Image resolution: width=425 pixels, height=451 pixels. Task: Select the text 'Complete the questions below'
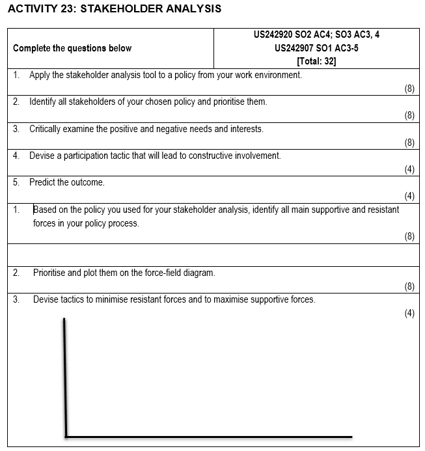point(72,48)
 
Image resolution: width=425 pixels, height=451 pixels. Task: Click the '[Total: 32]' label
point(316,62)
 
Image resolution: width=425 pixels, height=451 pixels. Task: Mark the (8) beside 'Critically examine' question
point(409,143)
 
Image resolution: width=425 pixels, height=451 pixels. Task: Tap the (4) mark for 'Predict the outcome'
point(409,196)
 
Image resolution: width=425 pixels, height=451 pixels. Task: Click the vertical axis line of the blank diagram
point(65,377)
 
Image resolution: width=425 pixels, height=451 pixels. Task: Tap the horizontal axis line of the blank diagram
point(208,436)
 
